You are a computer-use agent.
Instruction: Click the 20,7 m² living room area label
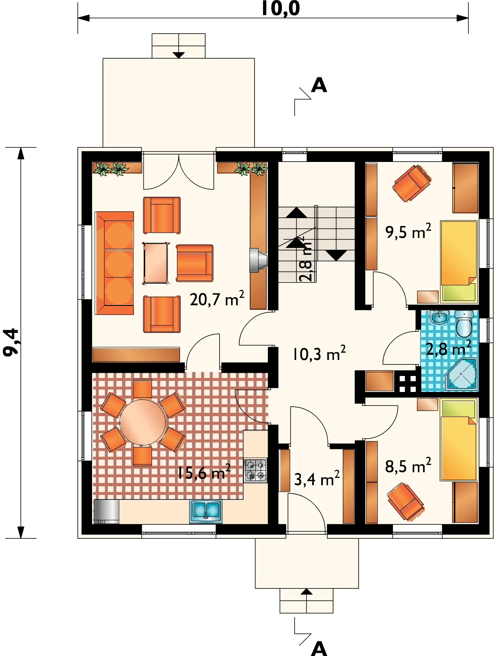pos(217,298)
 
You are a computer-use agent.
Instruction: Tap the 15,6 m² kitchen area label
pos(204,472)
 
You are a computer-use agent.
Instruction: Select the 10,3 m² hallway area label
pos(319,353)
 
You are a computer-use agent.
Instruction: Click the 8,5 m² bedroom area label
pos(408,466)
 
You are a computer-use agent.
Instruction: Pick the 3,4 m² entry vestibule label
pos(317,478)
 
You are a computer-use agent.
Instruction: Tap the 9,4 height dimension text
pos(11,342)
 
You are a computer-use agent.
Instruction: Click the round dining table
pos(143,422)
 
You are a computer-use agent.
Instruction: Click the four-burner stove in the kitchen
pos(255,471)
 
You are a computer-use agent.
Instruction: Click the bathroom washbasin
pos(439,318)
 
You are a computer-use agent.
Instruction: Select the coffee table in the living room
pos(155,263)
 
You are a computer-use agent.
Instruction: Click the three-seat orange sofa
pos(114,263)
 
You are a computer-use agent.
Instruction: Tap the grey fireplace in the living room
pos(258,260)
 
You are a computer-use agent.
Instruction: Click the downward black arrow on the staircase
pos(336,255)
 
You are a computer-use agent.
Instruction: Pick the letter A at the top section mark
pos(319,85)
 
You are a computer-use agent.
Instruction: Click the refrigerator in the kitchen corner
pos(107,511)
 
